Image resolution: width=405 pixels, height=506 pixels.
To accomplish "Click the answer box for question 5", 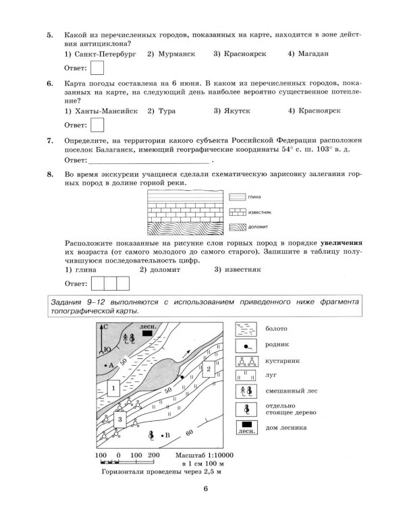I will pyautogui.click(x=97, y=67).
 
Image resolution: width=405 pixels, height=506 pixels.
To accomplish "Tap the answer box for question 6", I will pyautogui.click(x=97, y=125).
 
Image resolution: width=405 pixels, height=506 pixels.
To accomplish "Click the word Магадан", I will pyautogui.click(x=311, y=53).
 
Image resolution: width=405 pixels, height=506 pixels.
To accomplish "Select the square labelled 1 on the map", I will pyautogui.click(x=113, y=389).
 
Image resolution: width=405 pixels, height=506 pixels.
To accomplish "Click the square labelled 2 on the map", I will pyautogui.click(x=209, y=369).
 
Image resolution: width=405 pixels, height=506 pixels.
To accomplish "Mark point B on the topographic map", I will pyautogui.click(x=161, y=436).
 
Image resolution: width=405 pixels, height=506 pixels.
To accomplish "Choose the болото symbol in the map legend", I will pyautogui.click(x=244, y=329).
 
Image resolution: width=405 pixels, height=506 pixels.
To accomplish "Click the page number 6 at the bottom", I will pyautogui.click(x=203, y=490).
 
